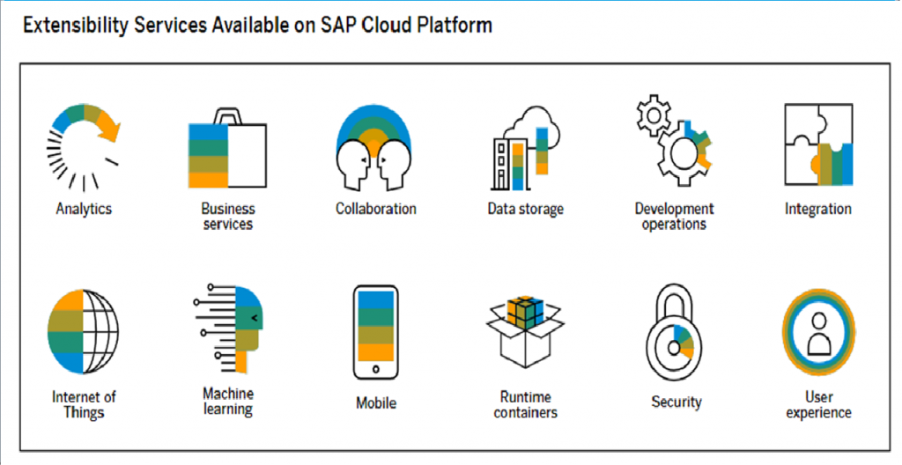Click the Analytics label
(84, 209)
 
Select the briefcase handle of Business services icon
(228, 116)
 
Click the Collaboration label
(375, 209)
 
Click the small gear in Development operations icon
(654, 114)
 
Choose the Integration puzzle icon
(818, 144)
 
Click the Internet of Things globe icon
(84, 332)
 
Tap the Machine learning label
(228, 401)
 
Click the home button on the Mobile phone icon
(375, 368)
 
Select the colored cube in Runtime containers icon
(525, 313)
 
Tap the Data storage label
(525, 209)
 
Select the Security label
(676, 401)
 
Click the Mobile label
(376, 402)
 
